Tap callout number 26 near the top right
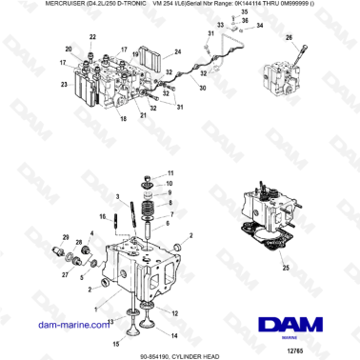pyautogui.click(x=290, y=37)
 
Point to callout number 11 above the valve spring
pyautogui.click(x=170, y=172)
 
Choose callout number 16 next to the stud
pyautogui.click(x=102, y=217)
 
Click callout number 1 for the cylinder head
pyautogui.click(x=95, y=306)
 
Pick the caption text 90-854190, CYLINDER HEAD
pyautogui.click(x=180, y=352)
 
